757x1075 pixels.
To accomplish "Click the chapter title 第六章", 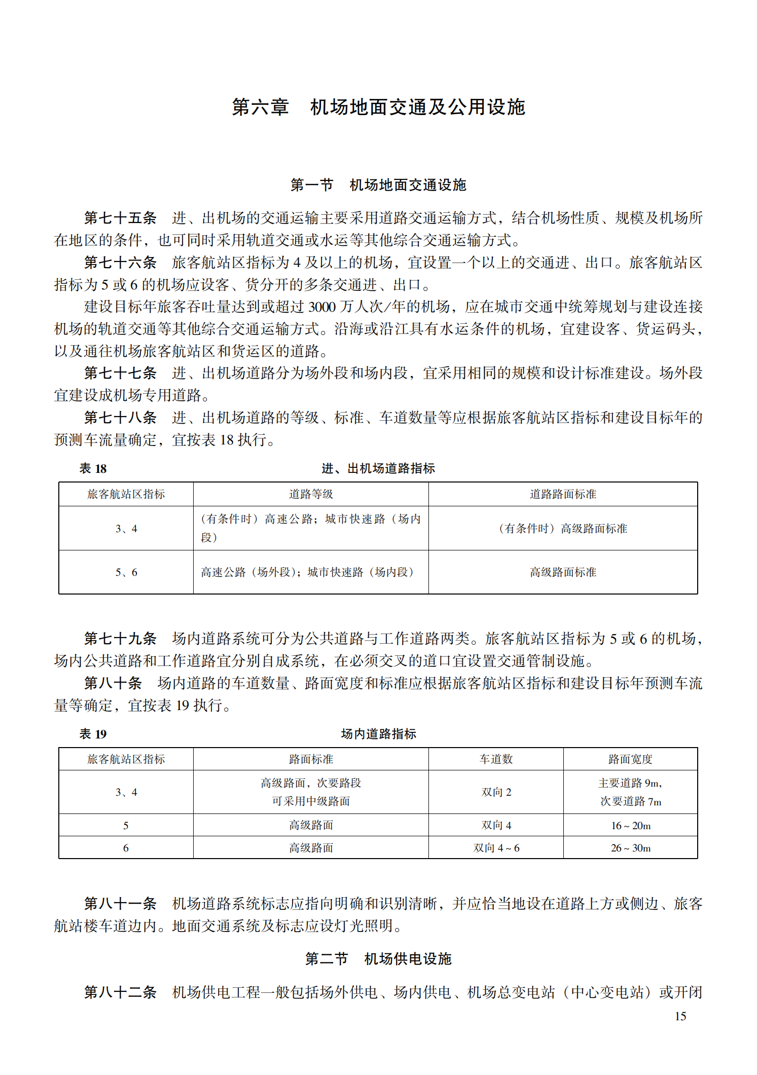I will tap(260, 107).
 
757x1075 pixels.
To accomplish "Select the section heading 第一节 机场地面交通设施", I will tap(378, 185).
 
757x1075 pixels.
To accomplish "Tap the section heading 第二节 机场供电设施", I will tap(378, 959).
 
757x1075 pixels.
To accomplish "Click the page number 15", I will tap(680, 1016).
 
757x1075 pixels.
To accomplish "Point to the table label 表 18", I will tap(93, 468).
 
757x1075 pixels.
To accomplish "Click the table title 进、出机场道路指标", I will tap(378, 468).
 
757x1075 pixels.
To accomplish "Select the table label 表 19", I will tap(93, 734).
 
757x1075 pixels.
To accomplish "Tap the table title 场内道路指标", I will tap(378, 734).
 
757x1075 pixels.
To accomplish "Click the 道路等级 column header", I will tap(311, 494).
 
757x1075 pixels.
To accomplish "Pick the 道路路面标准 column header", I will tap(563, 494).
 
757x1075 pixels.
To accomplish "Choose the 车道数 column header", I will tap(496, 759).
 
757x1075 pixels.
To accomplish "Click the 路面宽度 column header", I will tap(630, 759).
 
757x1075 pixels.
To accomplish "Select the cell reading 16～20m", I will tap(630, 826).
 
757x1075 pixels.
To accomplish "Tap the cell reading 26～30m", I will tap(630, 848).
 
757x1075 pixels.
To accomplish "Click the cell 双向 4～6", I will tap(496, 848).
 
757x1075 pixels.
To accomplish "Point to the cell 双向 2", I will tap(496, 792).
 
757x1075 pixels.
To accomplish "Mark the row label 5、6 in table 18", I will tap(126, 572).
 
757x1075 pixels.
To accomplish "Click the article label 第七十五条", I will tap(120, 218).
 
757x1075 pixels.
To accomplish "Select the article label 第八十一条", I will tap(120, 904).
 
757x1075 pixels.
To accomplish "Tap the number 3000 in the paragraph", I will tap(321, 307).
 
